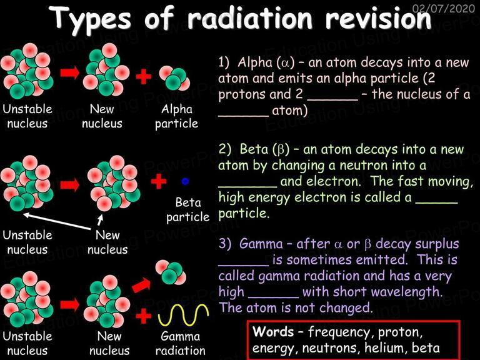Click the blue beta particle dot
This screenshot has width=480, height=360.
tap(185, 181)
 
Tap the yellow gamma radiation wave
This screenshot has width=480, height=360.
tap(184, 315)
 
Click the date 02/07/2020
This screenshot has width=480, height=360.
tap(444, 8)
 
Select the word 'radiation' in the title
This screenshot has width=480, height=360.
tap(250, 17)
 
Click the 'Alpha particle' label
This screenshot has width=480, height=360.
tap(177, 116)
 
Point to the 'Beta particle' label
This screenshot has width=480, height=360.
tap(187, 210)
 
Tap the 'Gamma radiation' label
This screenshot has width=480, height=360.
tap(180, 343)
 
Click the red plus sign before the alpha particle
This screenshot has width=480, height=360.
tap(144, 76)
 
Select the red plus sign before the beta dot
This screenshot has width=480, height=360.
tap(159, 181)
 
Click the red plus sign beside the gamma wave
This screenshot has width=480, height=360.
tap(144, 316)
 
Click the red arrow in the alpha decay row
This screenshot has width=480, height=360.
tap(70, 73)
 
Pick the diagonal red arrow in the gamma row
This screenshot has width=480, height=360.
tap(141, 285)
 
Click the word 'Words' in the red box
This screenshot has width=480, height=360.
tap(273, 331)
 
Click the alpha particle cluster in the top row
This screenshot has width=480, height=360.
tap(174, 78)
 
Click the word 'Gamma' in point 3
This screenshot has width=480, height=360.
tap(261, 244)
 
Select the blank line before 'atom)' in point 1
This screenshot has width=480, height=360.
tap(243, 116)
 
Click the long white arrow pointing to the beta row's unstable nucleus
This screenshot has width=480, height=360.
tap(57, 221)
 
